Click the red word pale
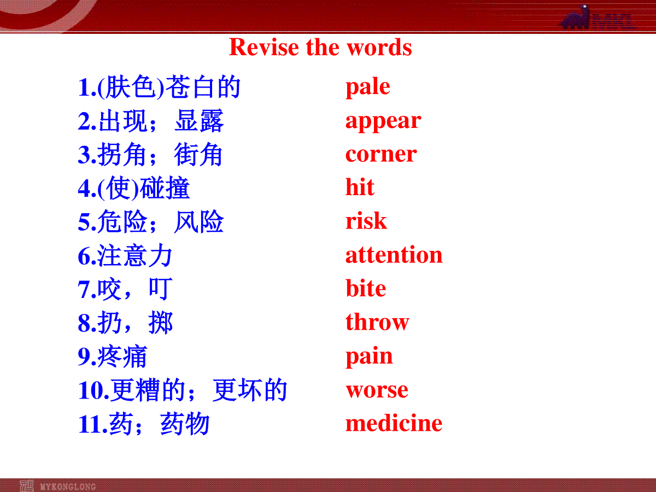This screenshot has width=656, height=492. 367,87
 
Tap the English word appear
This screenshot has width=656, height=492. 383,121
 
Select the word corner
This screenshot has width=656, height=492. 381,155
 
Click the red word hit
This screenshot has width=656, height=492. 360,187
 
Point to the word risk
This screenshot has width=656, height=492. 366,220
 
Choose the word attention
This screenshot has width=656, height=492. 394,255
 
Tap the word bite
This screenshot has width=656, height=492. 366,288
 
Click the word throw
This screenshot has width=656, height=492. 377,321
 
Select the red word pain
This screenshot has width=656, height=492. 369,357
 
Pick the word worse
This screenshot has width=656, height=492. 377,390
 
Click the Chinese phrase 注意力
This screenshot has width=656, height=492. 135,255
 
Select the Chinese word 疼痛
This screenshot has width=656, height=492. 122,356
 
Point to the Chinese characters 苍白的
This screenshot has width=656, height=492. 203,87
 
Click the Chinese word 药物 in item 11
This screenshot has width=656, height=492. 185,424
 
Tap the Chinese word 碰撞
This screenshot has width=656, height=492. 165,188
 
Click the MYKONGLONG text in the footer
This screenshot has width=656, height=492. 68,487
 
